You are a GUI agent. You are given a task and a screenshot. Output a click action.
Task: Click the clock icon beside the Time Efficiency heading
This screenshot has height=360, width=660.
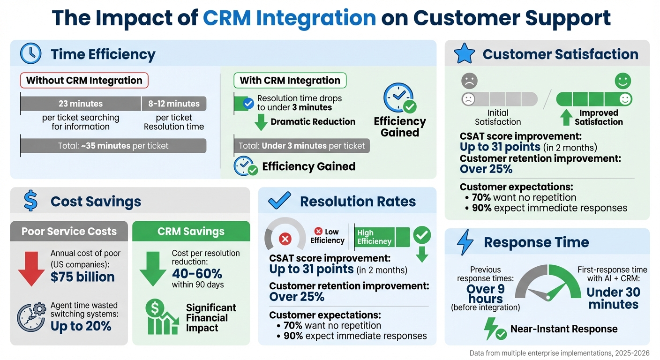(30, 54)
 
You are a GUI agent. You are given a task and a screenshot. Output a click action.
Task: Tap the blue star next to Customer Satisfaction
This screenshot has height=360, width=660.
(465, 54)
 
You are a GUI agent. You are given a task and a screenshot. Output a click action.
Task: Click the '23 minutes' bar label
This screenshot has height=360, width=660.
(81, 104)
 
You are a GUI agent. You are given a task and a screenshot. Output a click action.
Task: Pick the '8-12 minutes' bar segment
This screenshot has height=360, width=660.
(174, 104)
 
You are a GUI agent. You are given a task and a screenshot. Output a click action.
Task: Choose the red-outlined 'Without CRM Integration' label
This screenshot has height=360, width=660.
(84, 80)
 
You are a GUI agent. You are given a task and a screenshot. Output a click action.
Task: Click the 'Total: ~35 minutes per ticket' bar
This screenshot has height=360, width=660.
(113, 146)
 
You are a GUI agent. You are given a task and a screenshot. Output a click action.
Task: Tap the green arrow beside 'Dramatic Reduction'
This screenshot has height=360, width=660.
(260, 122)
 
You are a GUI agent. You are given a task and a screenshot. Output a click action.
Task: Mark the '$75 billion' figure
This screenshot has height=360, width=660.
(82, 277)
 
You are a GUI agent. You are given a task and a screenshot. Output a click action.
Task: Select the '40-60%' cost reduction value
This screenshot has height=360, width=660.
(197, 273)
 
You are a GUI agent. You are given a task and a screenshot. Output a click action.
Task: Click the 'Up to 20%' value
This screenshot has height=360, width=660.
(81, 326)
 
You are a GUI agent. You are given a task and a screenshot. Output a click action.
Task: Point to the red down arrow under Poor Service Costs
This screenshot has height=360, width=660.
(31, 268)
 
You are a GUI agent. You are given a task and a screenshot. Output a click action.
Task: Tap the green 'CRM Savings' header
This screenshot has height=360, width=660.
(191, 231)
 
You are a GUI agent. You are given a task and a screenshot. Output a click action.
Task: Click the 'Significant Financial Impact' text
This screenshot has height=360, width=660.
(211, 318)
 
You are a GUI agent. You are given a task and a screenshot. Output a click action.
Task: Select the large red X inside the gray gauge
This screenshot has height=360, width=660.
(285, 240)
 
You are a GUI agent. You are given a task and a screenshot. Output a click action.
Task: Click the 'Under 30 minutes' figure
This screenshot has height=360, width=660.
(613, 298)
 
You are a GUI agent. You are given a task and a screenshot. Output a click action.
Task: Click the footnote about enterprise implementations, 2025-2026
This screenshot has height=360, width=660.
(559, 353)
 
